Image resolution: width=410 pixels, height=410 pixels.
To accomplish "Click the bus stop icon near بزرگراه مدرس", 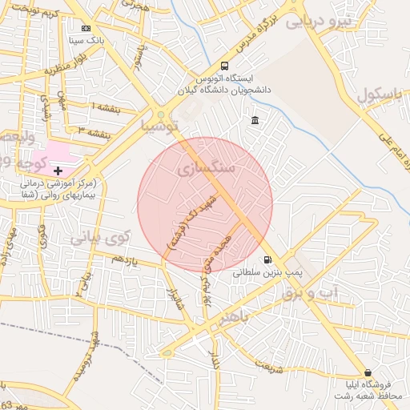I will click(x=224, y=66).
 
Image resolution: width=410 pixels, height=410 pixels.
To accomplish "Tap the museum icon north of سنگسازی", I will click(x=255, y=121).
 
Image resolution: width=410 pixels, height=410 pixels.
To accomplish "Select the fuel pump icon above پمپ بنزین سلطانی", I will click(x=267, y=259).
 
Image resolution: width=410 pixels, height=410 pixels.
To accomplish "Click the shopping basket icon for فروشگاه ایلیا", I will click(x=368, y=373).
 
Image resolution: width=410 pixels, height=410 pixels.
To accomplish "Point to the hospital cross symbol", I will click(x=58, y=171).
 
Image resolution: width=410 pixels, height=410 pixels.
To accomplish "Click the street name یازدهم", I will click(x=125, y=260).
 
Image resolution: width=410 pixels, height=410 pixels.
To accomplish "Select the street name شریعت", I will click(x=269, y=368).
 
